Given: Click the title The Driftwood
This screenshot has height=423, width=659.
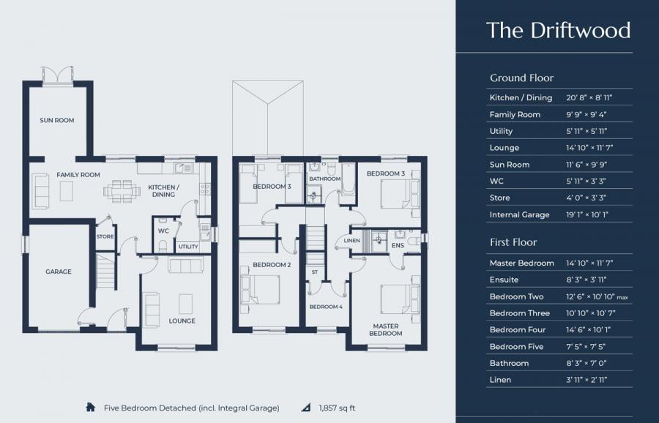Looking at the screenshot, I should tap(558, 30).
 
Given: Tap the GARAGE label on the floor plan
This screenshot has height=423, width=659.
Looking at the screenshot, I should tap(59, 272).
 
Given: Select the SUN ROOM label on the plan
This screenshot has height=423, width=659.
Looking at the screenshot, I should tap(57, 120).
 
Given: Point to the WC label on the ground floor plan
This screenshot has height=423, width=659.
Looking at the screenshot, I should tap(164, 231).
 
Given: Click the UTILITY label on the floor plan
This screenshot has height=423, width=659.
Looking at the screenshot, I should tap(188, 247).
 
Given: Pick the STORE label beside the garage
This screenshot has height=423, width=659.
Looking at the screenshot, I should tap(105, 236).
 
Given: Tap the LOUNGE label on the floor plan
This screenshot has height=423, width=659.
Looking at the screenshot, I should tap(182, 321).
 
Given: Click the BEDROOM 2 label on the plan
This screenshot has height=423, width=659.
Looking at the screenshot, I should tap(267, 264).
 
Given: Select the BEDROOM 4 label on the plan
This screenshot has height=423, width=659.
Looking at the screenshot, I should tap(325, 307).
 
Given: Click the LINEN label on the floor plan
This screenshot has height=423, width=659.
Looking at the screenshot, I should tap(351, 242).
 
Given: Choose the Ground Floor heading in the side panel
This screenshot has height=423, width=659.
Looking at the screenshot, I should tap(521, 78).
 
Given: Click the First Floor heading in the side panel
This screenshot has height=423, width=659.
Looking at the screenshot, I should tap(513, 242).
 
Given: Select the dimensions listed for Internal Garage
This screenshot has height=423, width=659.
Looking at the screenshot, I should tap(587, 214).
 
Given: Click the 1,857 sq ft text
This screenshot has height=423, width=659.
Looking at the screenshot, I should tap(337, 408).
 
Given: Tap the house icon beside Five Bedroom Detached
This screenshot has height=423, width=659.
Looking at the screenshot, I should tap(92, 407).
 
